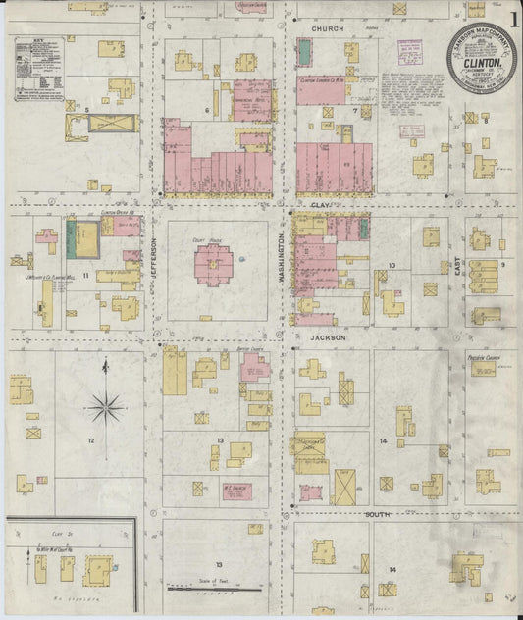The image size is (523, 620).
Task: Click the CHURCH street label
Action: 328,29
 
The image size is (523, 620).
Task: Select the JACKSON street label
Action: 330,336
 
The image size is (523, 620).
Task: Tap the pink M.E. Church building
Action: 234,490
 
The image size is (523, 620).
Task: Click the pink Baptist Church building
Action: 255,367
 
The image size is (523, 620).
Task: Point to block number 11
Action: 86,276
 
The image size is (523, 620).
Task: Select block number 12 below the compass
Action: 90,441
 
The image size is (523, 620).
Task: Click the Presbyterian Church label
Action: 485,358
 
